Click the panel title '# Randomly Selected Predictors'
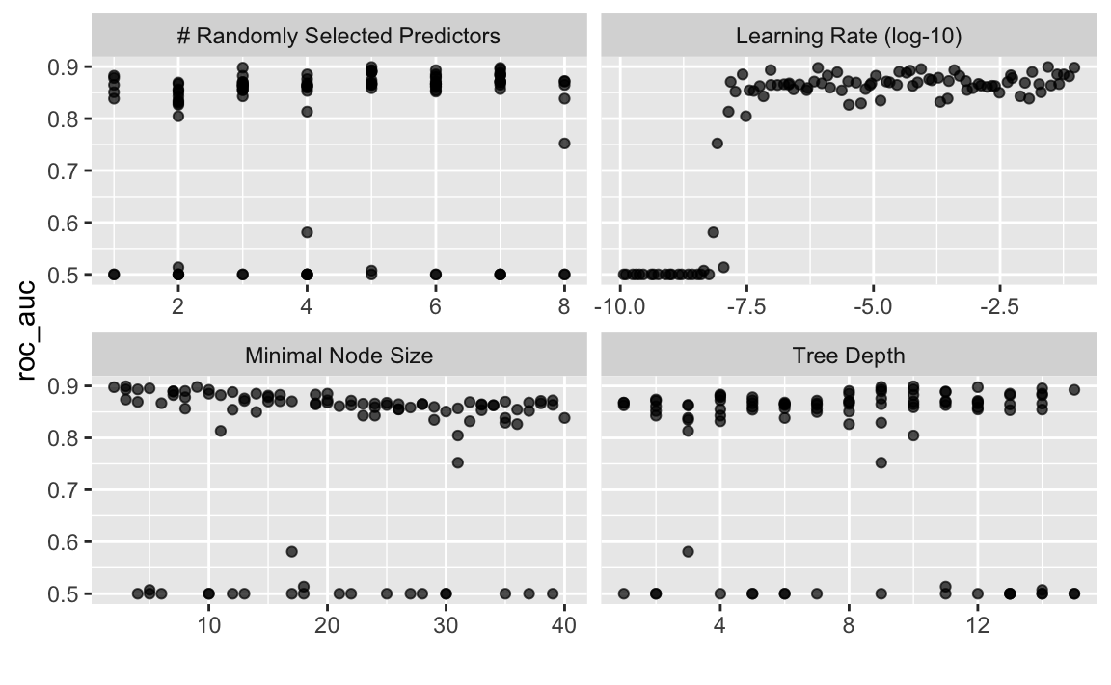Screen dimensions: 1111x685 (x=339, y=36)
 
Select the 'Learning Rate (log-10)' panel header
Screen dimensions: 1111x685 (x=848, y=36)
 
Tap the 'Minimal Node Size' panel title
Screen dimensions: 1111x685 (x=339, y=356)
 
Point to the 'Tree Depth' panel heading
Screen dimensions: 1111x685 (x=848, y=356)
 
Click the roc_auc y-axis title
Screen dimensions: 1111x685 (x=27, y=330)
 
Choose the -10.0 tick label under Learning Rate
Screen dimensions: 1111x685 (x=620, y=307)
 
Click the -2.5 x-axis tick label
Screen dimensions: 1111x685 (x=999, y=307)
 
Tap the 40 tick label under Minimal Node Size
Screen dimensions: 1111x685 (x=564, y=626)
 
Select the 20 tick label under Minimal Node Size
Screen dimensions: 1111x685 (x=327, y=626)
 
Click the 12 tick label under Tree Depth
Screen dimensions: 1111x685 (x=977, y=626)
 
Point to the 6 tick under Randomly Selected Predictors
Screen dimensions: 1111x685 (x=435, y=307)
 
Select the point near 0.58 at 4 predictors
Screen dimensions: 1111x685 (x=307, y=232)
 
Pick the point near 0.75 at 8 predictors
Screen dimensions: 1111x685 (x=564, y=144)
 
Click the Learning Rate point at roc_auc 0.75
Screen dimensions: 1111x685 (x=718, y=144)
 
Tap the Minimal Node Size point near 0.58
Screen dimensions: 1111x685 (x=291, y=551)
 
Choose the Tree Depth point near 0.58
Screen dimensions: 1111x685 (x=688, y=551)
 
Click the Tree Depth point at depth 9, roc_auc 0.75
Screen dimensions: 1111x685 (x=881, y=462)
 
